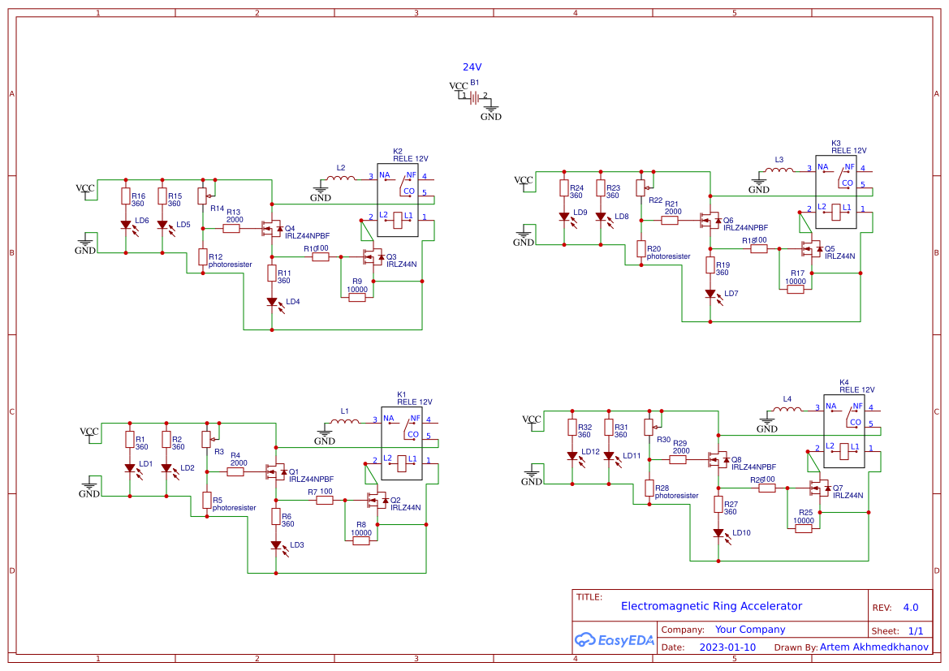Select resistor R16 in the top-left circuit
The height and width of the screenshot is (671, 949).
point(126,196)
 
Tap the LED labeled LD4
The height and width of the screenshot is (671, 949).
point(272,302)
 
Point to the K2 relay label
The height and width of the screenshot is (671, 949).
point(398,151)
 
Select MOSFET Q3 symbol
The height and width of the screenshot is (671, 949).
point(374,257)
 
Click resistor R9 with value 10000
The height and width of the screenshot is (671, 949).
point(357,298)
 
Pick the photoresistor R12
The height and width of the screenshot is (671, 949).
point(203,257)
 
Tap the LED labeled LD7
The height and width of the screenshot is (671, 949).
point(710,294)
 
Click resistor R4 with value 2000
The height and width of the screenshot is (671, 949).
point(236,471)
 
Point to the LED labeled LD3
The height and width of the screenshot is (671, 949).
point(276,545)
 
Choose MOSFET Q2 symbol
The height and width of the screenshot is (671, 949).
point(378,501)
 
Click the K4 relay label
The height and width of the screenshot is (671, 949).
point(844,382)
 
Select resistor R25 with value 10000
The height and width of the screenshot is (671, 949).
point(804,529)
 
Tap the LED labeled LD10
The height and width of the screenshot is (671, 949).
point(718,533)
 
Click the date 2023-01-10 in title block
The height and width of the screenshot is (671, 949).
point(727,647)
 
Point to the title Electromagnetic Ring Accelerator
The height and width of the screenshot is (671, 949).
point(711,606)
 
